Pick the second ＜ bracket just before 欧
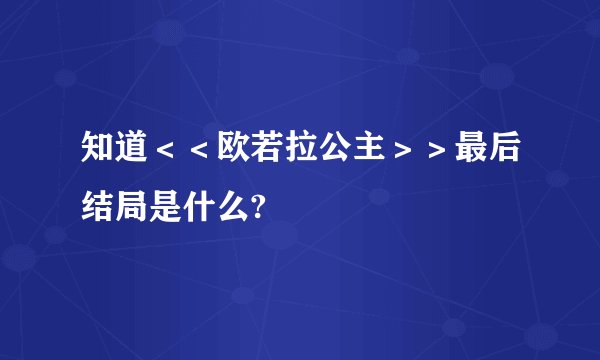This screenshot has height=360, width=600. [x=200, y=151]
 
